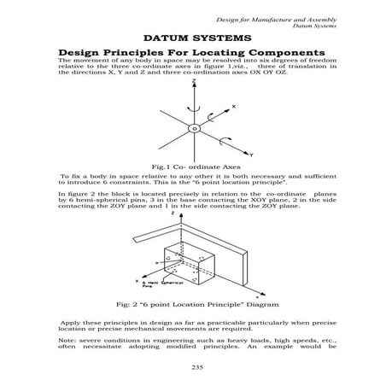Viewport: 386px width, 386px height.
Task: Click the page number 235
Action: click(192, 367)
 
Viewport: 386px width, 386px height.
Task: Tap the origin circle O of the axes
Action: click(194, 128)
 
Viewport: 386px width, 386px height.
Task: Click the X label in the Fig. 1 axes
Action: click(234, 106)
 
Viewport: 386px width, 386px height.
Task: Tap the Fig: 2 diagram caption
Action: click(192, 302)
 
